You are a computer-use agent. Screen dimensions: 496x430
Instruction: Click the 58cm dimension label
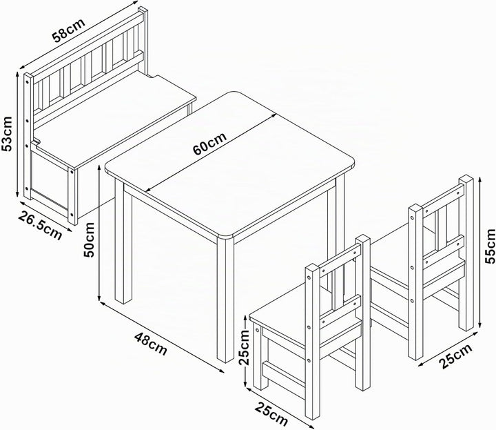tap(69, 30)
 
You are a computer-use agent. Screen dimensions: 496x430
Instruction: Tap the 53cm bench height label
tap(7, 134)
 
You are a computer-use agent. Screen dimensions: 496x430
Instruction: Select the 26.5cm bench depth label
tap(40, 225)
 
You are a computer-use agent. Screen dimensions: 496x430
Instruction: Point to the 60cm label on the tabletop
tap(209, 144)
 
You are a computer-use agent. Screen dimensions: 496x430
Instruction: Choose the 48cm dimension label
tap(151, 344)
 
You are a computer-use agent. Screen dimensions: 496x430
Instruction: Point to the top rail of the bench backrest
tap(86, 43)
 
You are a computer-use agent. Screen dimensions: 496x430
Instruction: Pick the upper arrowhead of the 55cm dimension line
tap(480, 179)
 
